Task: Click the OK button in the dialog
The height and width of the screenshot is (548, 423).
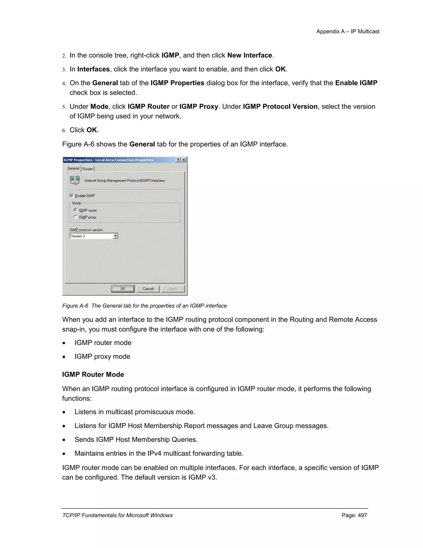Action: (123, 289)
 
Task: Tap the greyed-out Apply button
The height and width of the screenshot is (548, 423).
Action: (173, 289)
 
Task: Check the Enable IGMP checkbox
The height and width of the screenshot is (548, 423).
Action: (72, 195)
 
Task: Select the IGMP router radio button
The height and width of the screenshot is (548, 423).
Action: (75, 210)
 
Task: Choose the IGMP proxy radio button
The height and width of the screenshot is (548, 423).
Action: (75, 217)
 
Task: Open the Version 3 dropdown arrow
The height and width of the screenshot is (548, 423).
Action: (115, 236)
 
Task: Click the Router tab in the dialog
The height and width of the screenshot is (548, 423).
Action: (88, 169)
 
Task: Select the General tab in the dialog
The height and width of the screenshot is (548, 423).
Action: (73, 168)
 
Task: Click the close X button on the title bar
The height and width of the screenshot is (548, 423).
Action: (184, 160)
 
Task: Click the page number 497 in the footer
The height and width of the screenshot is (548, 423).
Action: (354, 515)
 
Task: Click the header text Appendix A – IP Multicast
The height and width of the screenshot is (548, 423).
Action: (348, 31)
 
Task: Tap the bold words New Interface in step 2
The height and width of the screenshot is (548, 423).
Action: (250, 55)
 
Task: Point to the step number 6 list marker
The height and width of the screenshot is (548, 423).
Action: (64, 130)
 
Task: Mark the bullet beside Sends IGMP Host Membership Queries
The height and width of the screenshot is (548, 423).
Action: (64, 440)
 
